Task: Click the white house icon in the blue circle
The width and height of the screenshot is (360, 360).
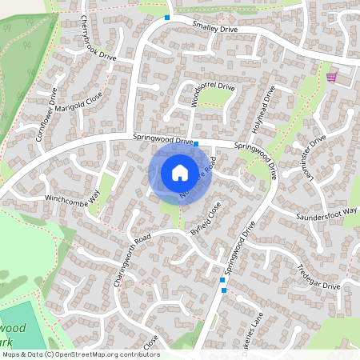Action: pyautogui.click(x=180, y=172)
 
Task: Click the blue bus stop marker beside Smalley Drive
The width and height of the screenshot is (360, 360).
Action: pyautogui.click(x=167, y=18)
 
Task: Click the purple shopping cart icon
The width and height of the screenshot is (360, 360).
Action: pyautogui.click(x=331, y=77)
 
